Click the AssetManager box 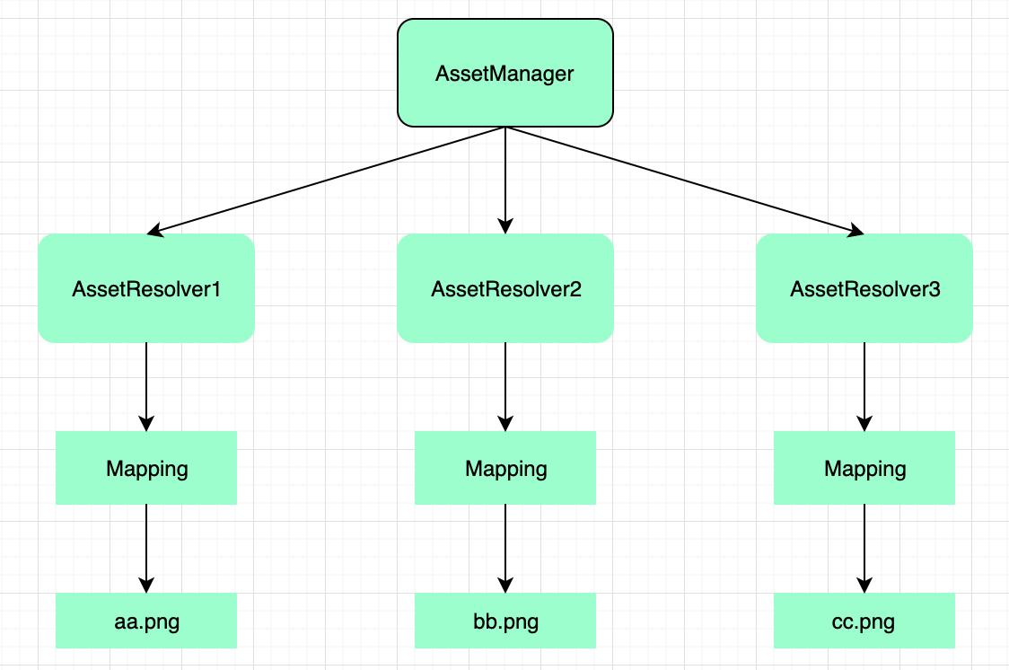click(505, 73)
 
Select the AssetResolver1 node click(146, 288)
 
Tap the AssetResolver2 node click(505, 288)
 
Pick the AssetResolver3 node click(864, 288)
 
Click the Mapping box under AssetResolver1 click(146, 468)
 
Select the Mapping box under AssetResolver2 click(505, 468)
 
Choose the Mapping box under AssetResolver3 click(864, 468)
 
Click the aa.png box click(146, 621)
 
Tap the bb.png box click(505, 621)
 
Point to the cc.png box click(864, 621)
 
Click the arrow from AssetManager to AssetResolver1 click(326, 181)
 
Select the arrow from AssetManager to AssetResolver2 click(505, 181)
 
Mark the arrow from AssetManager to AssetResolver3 click(685, 181)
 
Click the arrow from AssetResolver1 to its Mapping click(146, 387)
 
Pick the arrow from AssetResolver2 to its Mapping click(505, 387)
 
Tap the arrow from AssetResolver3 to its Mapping click(864, 387)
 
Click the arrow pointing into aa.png click(146, 549)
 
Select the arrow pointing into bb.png click(505, 549)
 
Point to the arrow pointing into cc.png click(864, 549)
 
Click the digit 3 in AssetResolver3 click(934, 289)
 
